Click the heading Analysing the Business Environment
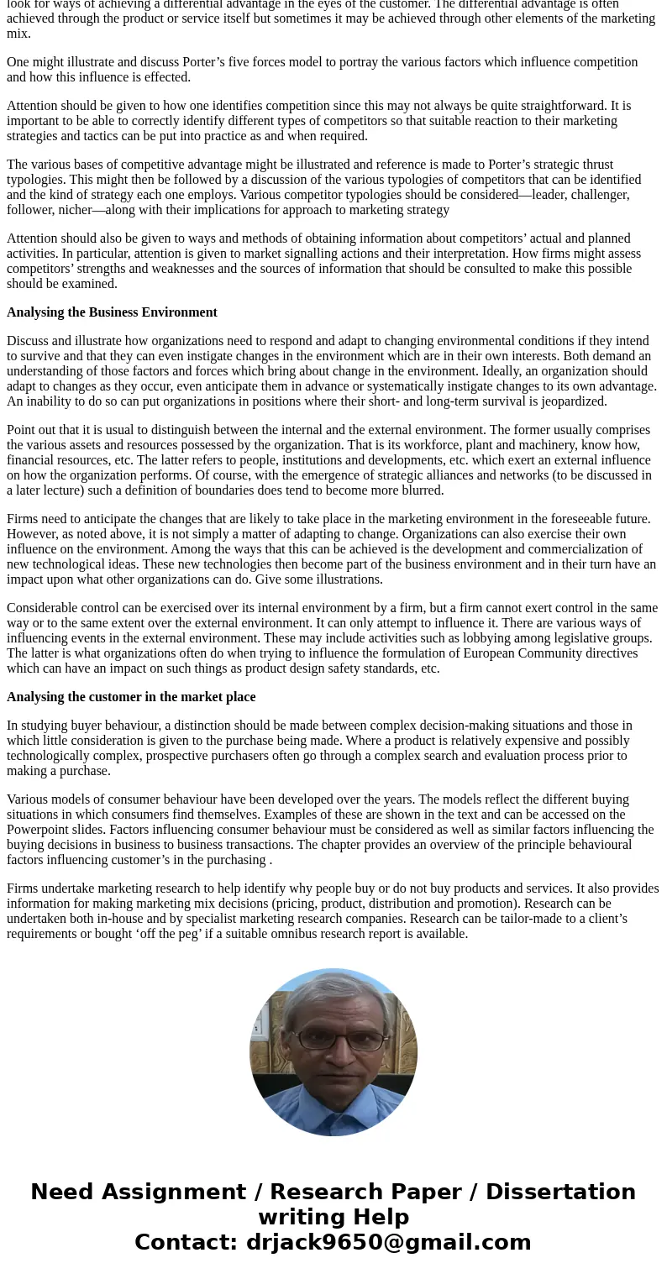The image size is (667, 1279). (112, 312)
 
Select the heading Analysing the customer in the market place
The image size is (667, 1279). (131, 697)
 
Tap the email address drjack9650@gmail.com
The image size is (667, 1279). (388, 1242)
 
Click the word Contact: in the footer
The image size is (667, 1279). (186, 1242)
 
